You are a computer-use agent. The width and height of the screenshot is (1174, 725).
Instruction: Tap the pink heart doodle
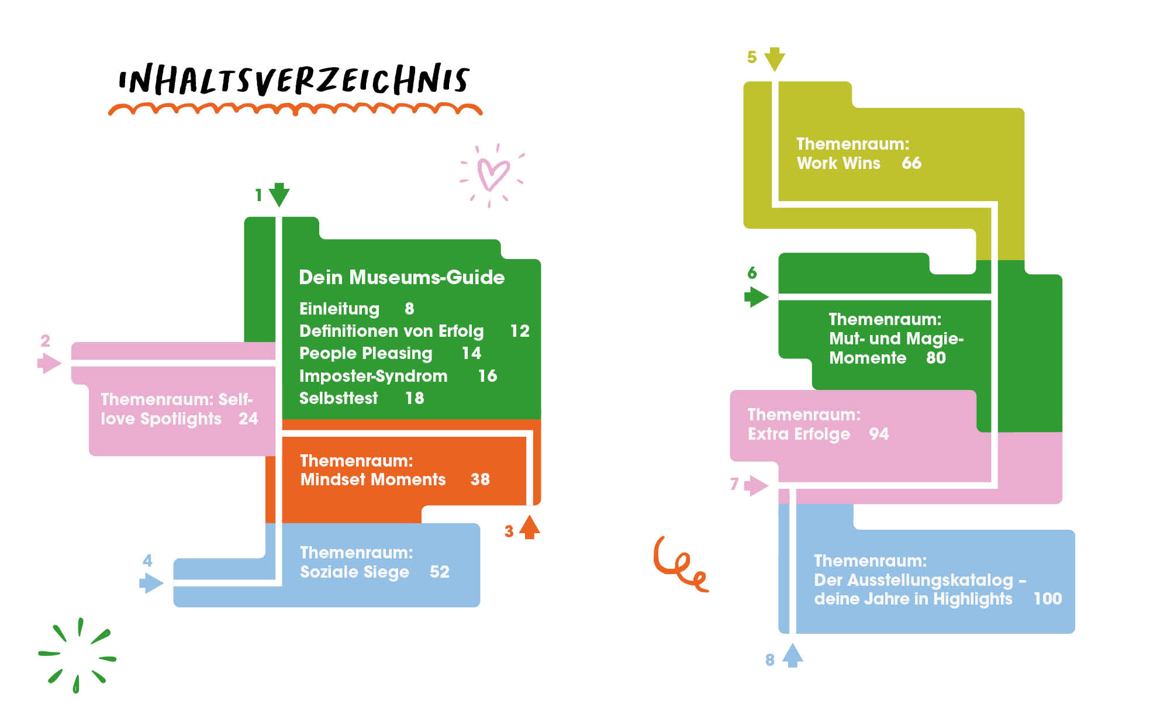coord(492,174)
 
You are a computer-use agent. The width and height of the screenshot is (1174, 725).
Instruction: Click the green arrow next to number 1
coord(279,195)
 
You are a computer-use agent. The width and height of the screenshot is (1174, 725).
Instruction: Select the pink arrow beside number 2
coord(49,363)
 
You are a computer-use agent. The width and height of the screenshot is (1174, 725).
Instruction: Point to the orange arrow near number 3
coord(530,527)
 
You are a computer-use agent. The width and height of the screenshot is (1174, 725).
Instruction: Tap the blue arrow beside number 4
coord(151,583)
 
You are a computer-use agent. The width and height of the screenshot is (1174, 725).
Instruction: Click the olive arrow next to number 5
coord(775,59)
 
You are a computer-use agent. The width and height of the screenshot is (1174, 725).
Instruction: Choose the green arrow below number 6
coord(756,296)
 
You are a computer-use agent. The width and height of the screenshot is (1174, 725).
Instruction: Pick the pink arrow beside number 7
coord(756,485)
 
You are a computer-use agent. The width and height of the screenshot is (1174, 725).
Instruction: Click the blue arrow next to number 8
coord(792,655)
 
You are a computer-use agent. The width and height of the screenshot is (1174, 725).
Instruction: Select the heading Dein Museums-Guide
coord(402,277)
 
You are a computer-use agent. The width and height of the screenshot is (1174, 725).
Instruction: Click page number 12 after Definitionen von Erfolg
coord(520,331)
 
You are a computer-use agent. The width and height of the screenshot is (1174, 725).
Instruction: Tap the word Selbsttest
coord(339,398)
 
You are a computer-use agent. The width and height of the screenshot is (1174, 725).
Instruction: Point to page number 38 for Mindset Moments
coord(480,479)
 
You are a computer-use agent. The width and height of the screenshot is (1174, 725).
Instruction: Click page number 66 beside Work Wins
coord(911,163)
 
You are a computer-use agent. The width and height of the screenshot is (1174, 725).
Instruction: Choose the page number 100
coord(1048,599)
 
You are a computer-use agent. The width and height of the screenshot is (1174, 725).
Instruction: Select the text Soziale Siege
coord(354,572)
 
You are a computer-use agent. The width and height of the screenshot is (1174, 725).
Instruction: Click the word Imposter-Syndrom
coord(373,376)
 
